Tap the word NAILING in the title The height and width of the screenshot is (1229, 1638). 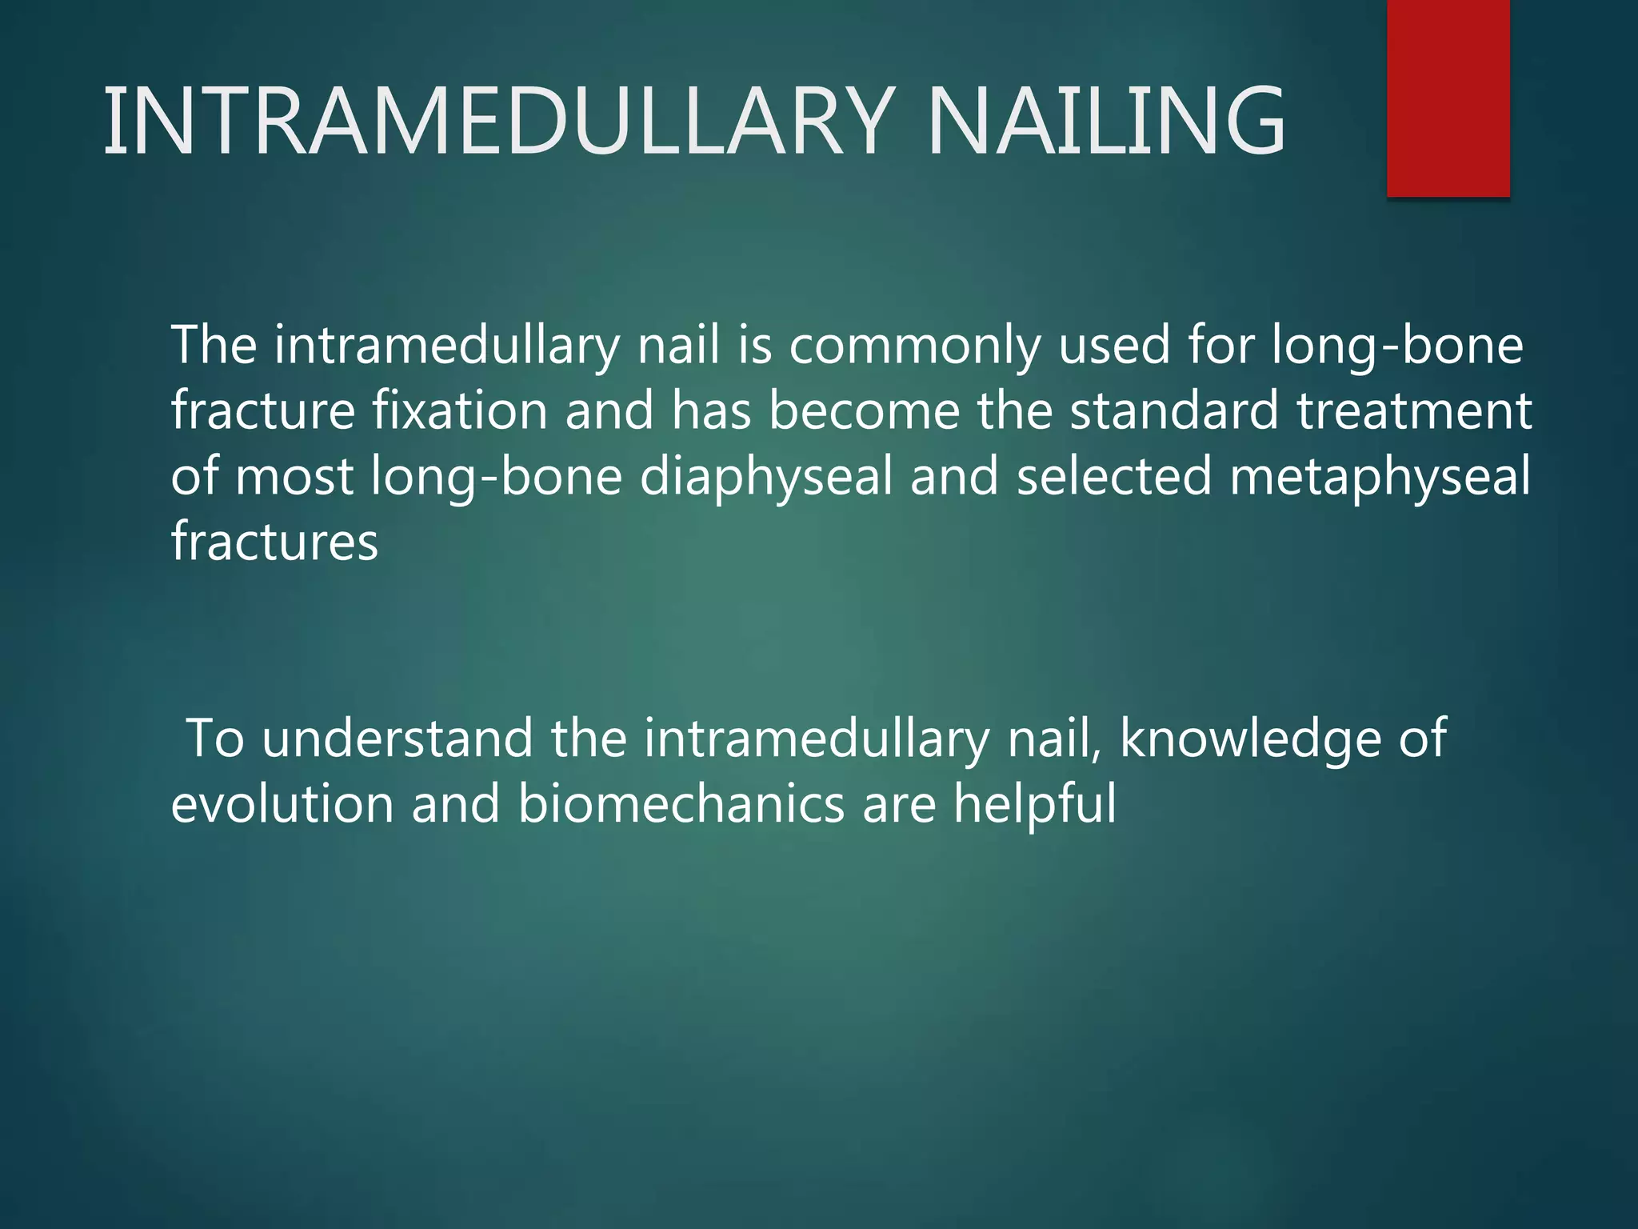point(1105,122)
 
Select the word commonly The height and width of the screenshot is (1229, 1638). point(914,346)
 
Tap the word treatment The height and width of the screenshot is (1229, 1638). point(1414,410)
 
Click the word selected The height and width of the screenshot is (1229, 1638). point(1113,476)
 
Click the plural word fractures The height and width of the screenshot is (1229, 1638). point(274,542)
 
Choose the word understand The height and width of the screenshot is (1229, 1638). point(398,739)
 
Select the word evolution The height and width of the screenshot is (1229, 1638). point(282,804)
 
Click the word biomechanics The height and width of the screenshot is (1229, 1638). point(681,804)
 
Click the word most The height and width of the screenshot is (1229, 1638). point(294,477)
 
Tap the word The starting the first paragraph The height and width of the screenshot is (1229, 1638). point(214,346)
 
